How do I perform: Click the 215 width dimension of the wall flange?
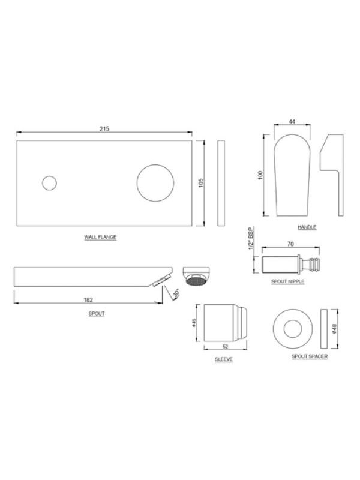[104, 129]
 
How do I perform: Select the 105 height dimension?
[201, 183]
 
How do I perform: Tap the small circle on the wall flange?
[49, 183]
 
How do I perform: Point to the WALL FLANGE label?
[100, 237]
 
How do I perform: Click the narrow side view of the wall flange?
[221, 183]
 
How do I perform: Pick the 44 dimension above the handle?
[292, 122]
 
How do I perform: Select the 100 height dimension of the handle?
[260, 175]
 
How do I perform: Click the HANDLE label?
[307, 227]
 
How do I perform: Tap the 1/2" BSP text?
[251, 238]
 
